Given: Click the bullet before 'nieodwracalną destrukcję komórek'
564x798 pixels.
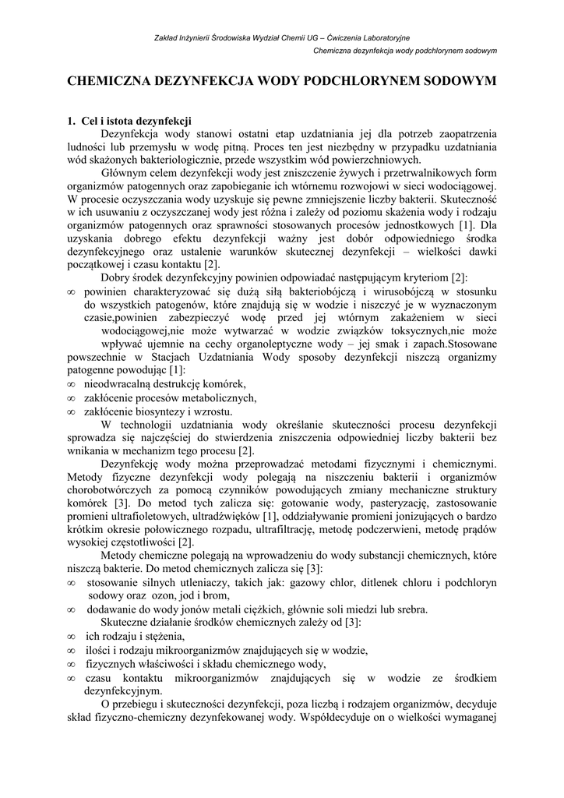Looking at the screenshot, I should coord(71,384).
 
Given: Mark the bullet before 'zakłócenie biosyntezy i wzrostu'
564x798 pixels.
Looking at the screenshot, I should coord(71,412).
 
